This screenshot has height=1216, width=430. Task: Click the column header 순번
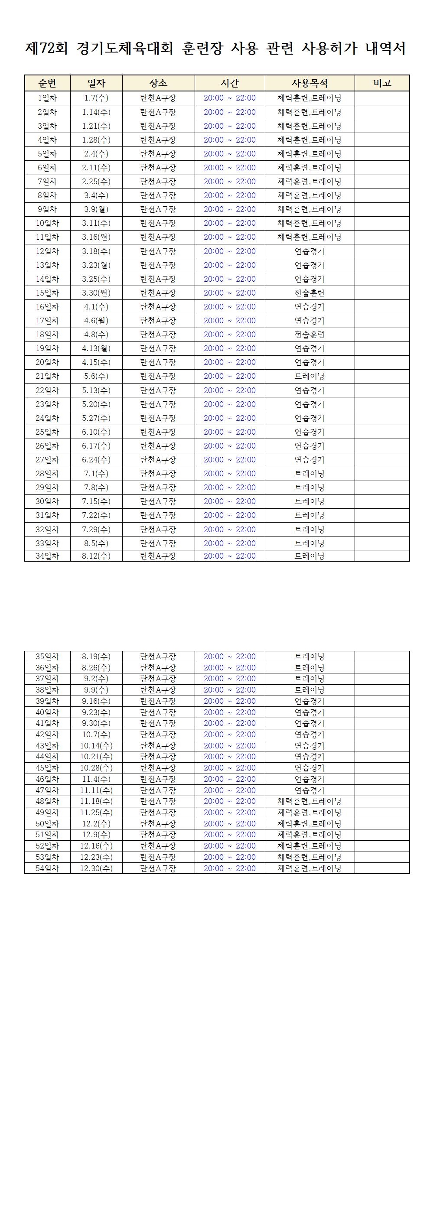47,83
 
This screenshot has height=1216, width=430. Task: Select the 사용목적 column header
309,83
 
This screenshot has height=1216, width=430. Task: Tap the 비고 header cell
382,83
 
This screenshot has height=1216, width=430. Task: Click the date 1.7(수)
96,98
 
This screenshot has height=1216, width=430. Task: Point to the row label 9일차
47,209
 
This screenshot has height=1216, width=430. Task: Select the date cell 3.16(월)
96,237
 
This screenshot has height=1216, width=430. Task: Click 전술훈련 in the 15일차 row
309,293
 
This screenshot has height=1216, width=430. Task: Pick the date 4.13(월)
96,348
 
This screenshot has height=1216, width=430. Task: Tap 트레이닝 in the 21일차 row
309,376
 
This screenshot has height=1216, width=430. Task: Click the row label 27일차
47,460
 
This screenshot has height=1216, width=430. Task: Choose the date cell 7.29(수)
96,529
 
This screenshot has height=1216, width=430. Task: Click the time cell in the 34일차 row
229,556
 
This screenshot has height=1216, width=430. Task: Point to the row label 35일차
47,657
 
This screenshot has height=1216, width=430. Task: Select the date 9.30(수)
96,723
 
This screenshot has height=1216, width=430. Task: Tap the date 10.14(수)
96,746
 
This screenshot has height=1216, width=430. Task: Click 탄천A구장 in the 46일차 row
158,779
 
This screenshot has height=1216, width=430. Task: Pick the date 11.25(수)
96,813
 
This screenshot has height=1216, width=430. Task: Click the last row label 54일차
47,868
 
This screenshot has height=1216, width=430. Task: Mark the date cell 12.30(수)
96,868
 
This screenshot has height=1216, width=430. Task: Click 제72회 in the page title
46,48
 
